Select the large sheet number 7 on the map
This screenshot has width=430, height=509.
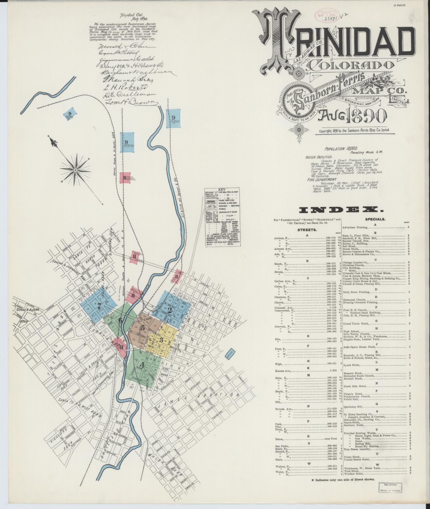99,305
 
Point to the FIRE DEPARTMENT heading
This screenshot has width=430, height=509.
322,179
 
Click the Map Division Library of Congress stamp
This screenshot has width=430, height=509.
390,494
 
